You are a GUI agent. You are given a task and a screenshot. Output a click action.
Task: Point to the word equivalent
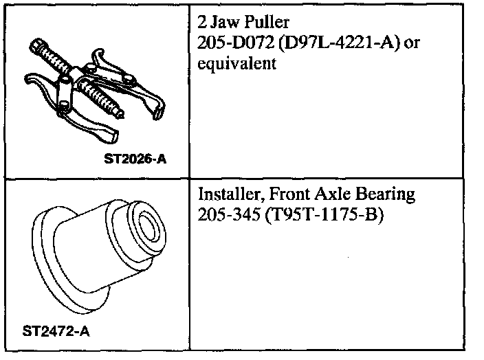coord(236,63)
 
